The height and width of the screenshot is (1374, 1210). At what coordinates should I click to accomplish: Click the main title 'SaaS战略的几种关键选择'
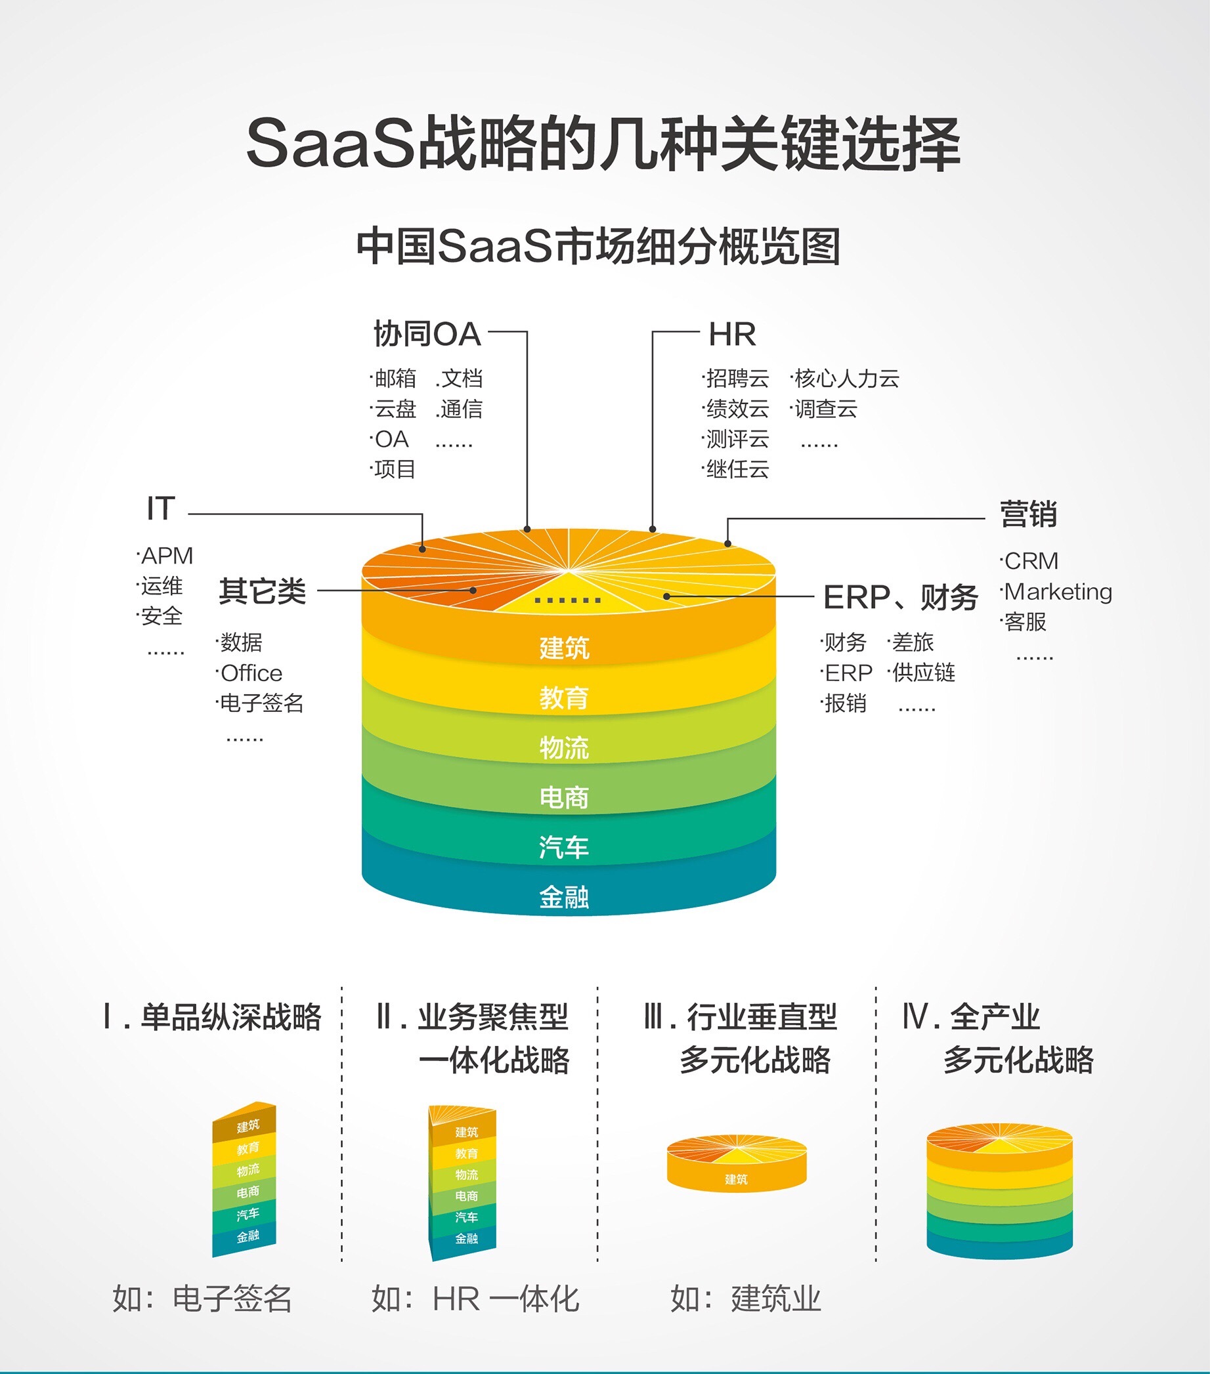click(603, 143)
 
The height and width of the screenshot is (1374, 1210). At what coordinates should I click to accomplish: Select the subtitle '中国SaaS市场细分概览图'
click(599, 247)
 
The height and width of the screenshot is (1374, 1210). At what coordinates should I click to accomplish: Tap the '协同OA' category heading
click(428, 334)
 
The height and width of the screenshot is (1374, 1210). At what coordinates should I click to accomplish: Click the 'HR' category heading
click(733, 334)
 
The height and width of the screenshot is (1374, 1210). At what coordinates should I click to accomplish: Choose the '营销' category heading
click(1028, 514)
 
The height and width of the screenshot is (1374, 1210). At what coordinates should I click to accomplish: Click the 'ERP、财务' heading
click(901, 597)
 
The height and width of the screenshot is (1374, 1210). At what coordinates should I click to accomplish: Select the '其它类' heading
click(263, 591)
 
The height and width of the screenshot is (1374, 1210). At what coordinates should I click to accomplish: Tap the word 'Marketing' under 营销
click(1058, 592)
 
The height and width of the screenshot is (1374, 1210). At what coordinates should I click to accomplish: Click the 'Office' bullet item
click(251, 673)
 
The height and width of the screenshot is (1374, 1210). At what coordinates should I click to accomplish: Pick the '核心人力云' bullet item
click(847, 379)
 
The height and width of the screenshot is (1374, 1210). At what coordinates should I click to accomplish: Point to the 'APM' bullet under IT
click(167, 556)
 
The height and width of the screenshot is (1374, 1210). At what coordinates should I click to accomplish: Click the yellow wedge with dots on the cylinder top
click(567, 594)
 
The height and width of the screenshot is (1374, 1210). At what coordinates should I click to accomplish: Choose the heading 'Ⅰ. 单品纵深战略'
click(211, 1016)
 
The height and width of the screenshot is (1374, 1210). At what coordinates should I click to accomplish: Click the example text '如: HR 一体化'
click(475, 1299)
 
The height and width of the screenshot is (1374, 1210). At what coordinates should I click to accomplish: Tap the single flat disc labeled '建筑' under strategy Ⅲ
click(737, 1163)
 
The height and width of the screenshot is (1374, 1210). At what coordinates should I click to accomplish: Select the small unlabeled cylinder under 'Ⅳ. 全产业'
click(999, 1190)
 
